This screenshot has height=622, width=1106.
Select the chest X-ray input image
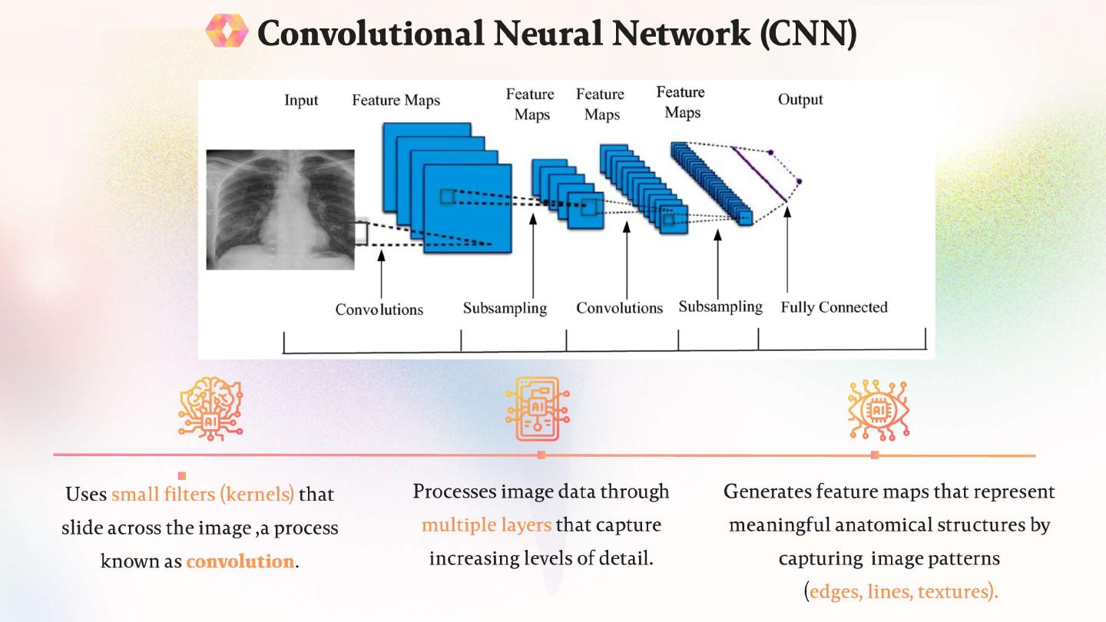click(x=280, y=209)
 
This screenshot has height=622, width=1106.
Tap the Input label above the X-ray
click(x=301, y=100)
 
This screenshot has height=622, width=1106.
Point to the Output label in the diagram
click(x=800, y=100)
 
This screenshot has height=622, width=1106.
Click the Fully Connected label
click(x=834, y=307)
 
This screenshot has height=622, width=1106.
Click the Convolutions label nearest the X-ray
click(x=379, y=309)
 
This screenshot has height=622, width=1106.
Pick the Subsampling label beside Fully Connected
click(x=720, y=307)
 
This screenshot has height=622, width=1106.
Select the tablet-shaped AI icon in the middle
click(x=538, y=409)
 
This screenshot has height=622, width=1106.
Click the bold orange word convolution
click(x=240, y=561)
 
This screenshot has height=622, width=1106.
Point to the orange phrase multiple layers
click(x=486, y=525)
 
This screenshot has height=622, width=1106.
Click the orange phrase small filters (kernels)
click(x=203, y=494)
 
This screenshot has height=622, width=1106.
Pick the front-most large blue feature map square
click(x=467, y=209)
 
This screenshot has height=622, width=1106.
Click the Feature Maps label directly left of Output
click(x=681, y=103)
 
